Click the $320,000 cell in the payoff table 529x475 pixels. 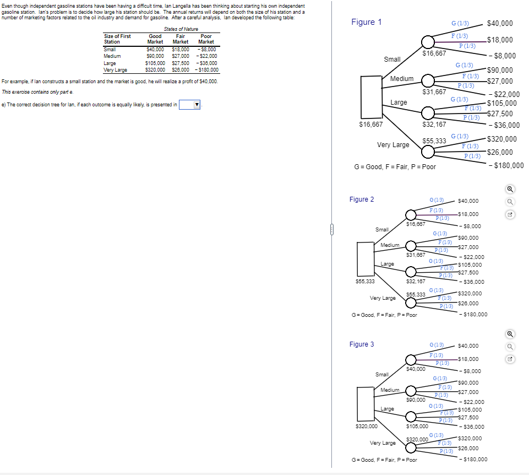pos(155,70)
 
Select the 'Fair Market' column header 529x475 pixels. pos(181,39)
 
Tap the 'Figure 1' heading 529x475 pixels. pos(366,22)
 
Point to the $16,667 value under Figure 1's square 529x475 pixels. pos(370,125)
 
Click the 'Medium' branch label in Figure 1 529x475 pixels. pos(401,79)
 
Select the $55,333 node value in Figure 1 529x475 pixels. pos(434,141)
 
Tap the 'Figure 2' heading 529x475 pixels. pos(361,199)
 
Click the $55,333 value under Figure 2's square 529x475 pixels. pos(366,281)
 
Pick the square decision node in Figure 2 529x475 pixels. pos(366,257)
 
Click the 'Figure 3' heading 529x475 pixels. pos(361,344)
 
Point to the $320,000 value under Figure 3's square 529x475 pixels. pos(366,426)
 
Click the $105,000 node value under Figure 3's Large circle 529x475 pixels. pos(417,426)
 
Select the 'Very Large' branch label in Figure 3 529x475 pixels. pos(383,443)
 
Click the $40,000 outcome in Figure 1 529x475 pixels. pos(500,23)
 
